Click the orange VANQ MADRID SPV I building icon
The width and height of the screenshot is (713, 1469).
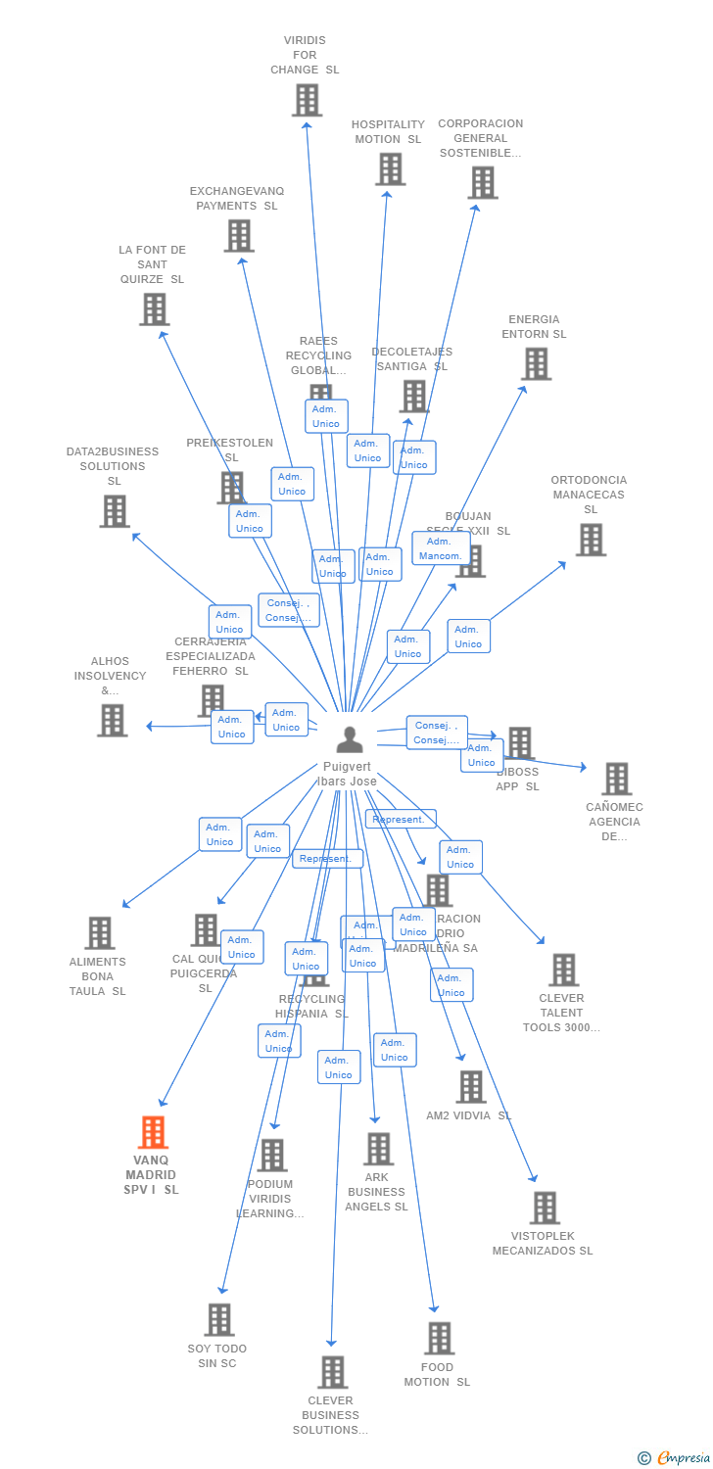pyautogui.click(x=153, y=1132)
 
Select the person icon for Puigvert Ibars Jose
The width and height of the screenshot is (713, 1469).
pyautogui.click(x=349, y=740)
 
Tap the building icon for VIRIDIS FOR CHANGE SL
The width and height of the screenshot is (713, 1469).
pyautogui.click(x=307, y=100)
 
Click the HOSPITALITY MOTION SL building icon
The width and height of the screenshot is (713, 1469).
pyautogui.click(x=390, y=168)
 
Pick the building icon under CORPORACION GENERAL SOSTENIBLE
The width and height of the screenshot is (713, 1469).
pyautogui.click(x=482, y=182)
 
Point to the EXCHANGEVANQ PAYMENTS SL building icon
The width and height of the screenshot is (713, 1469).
pyautogui.click(x=239, y=235)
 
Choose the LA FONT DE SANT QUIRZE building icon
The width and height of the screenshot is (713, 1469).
pyautogui.click(x=154, y=308)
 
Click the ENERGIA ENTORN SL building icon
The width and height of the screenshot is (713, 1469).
pyautogui.click(x=536, y=363)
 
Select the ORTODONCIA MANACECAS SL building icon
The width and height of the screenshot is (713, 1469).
pyautogui.click(x=590, y=539)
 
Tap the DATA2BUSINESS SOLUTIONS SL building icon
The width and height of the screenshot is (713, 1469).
pyautogui.click(x=114, y=510)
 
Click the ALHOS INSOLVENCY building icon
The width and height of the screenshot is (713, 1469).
pyautogui.click(x=112, y=720)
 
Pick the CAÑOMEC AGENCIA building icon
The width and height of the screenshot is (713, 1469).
pyautogui.click(x=616, y=779)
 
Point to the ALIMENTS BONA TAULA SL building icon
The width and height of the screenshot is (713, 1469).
pyautogui.click(x=99, y=932)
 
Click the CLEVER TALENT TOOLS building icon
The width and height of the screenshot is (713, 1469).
pyautogui.click(x=563, y=970)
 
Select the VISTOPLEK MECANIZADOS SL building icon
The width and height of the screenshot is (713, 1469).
pyautogui.click(x=545, y=1208)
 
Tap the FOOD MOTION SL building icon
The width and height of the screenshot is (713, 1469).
pyautogui.click(x=439, y=1338)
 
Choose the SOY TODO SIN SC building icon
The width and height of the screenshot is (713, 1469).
pyautogui.click(x=218, y=1319)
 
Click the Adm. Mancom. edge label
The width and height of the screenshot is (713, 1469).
pyautogui.click(x=440, y=548)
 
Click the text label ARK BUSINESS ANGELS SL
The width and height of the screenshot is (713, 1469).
pyautogui.click(x=376, y=1192)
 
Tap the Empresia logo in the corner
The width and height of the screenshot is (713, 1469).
pyautogui.click(x=675, y=1458)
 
